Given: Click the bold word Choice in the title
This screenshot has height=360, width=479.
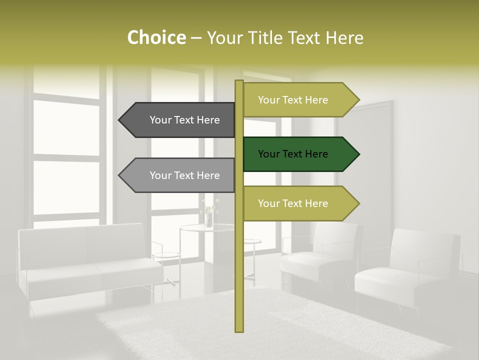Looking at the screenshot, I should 156,37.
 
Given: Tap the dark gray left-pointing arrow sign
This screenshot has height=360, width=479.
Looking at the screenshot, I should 180,120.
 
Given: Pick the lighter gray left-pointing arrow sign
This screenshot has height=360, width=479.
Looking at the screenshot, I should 180,175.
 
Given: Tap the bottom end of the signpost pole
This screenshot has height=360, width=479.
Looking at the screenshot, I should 239,329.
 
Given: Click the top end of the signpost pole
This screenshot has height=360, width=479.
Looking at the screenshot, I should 239,82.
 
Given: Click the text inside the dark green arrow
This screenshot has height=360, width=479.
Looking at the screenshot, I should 293,154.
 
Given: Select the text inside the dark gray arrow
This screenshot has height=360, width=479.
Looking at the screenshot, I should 185,120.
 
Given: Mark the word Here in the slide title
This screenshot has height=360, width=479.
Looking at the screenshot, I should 344,37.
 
